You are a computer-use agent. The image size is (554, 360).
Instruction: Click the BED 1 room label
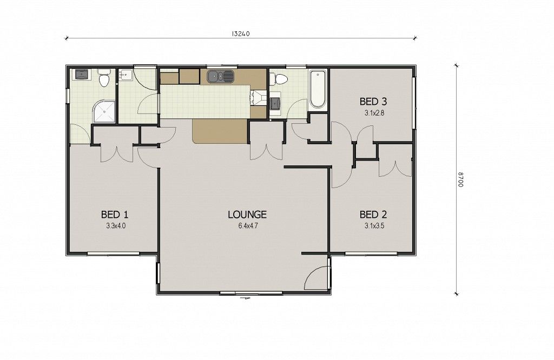(115, 214)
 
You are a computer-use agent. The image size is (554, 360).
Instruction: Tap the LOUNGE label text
(247, 214)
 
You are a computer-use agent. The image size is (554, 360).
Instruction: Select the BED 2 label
(373, 214)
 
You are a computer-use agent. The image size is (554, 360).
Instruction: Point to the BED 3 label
(373, 102)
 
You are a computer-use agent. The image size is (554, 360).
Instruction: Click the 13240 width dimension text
(241, 34)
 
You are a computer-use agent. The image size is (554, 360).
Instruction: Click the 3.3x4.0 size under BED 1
(116, 226)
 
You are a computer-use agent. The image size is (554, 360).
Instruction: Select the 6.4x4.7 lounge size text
(248, 226)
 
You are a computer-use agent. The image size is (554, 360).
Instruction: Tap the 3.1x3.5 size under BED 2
(374, 226)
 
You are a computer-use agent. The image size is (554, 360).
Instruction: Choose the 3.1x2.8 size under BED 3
(374, 114)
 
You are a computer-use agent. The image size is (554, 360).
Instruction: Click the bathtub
(317, 89)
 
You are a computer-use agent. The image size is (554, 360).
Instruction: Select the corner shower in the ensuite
(104, 111)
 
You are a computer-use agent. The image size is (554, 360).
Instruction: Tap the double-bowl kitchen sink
(221, 76)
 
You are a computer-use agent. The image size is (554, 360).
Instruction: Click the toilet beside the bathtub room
(280, 79)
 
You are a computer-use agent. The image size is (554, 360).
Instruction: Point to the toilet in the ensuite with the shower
(103, 78)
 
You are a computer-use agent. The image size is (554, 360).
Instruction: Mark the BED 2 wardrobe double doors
(395, 169)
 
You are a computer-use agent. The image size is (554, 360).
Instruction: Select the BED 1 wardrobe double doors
(117, 153)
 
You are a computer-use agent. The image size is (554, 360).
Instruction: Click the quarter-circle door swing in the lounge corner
(315, 277)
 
